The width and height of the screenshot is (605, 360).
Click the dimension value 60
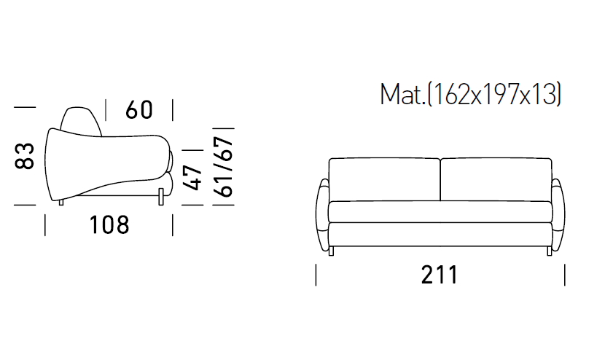point(139,109)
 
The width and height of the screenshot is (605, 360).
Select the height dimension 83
point(24,156)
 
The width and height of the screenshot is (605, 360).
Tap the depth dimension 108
point(109,225)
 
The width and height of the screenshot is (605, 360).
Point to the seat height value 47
point(192,178)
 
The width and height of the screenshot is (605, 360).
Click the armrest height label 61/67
point(224,167)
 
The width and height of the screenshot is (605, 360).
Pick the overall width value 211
point(440,275)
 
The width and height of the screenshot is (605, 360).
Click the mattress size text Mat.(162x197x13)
point(470,94)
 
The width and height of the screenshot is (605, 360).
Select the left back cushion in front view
point(384,179)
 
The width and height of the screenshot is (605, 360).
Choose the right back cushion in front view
point(496,179)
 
